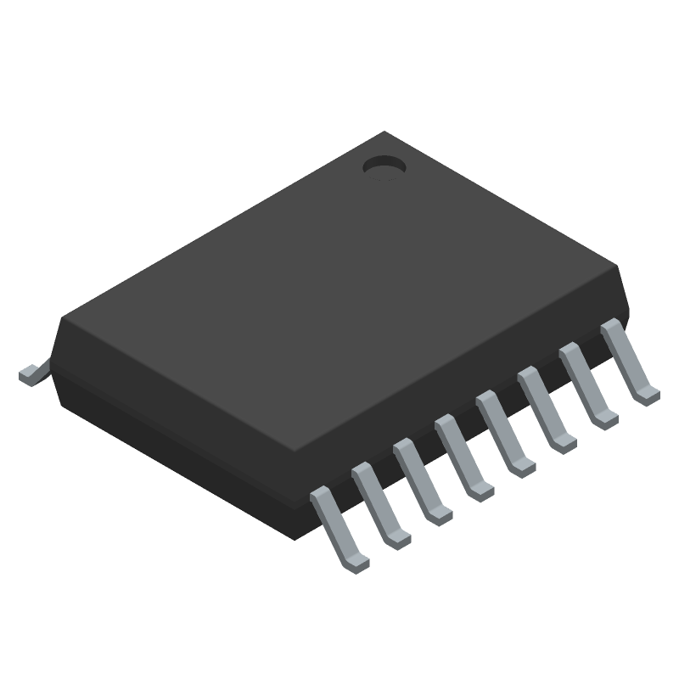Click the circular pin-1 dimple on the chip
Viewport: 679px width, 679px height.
point(384,166)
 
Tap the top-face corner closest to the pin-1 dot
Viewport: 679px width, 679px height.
point(386,133)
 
